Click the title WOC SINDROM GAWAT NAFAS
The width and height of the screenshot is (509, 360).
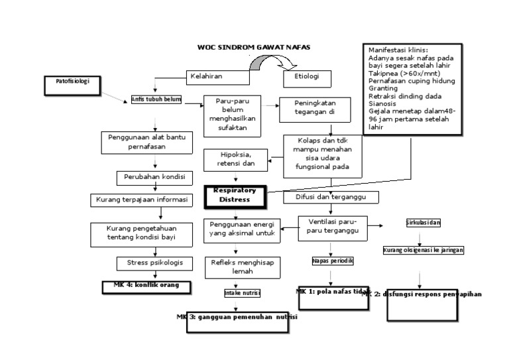tap(254, 47)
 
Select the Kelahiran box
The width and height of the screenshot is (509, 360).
tap(208, 76)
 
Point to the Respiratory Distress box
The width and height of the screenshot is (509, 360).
tap(234, 195)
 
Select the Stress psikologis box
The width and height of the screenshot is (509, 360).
tap(154, 263)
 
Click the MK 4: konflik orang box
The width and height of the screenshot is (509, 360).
tap(146, 286)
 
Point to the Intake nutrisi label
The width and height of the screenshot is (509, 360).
tap(241, 292)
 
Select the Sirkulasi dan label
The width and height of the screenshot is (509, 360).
tap(423, 223)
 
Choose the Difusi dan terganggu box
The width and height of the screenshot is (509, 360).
tap(331, 198)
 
